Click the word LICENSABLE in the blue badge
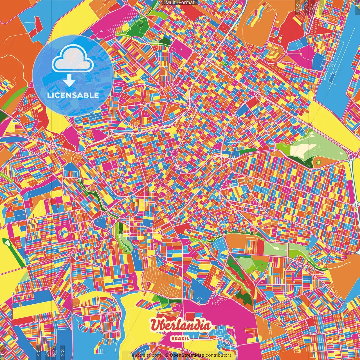(x=73, y=95)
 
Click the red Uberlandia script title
(x=180, y=326)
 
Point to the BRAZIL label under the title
(x=180, y=338)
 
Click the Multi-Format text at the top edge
(x=180, y=3)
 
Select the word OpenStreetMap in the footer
(x=187, y=355)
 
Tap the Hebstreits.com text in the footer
(x=145, y=355)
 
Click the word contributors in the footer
(x=219, y=355)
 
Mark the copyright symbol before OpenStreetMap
(x=167, y=355)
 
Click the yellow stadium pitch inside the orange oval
(x=318, y=162)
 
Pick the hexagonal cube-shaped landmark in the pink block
(x=64, y=232)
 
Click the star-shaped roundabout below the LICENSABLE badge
(x=52, y=145)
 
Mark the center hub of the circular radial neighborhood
(x=168, y=101)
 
